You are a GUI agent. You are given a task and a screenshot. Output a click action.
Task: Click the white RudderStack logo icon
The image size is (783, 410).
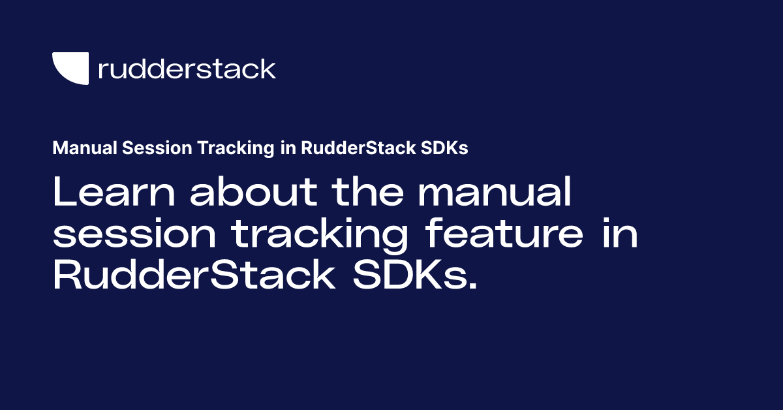pyautogui.click(x=69, y=68)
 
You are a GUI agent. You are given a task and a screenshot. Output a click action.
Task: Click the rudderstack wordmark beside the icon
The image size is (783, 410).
pyautogui.click(x=187, y=69)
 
